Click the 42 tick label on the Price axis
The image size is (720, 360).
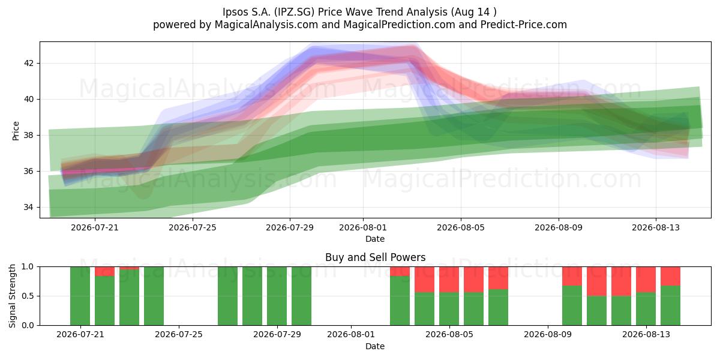28,63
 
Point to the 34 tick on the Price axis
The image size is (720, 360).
28,207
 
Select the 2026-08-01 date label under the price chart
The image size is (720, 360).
363,227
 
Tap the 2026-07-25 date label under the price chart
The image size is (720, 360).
192,227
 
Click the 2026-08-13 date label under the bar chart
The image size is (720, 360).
646,334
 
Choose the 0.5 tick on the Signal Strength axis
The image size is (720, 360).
28,296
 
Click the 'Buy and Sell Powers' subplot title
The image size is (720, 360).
375,257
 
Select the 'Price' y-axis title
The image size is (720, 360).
16,131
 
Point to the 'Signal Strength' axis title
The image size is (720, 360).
12,296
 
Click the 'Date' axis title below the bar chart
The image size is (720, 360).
375,346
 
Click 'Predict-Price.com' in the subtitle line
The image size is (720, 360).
524,25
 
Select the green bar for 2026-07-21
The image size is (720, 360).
80,296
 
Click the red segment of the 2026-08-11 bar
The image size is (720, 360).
596,281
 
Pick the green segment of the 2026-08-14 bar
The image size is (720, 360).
671,305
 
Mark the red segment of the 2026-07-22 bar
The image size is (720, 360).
104,271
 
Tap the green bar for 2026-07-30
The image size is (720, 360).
301,296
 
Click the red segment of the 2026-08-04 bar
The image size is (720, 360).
424,280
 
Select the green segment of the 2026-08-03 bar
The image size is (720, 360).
400,301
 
